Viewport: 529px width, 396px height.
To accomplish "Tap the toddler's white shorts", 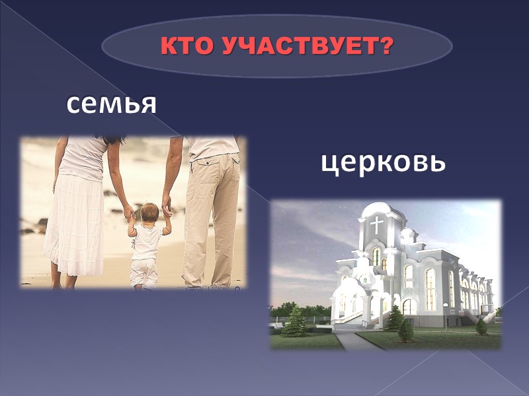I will tap(143, 271).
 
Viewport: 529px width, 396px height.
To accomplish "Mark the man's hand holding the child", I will tap(167, 210).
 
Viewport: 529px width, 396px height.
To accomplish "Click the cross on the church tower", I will tap(377, 224).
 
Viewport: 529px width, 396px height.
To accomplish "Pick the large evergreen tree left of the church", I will tap(296, 321).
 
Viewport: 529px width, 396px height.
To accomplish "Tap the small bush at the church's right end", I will tap(481, 326).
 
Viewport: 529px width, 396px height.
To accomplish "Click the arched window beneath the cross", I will tap(376, 255).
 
